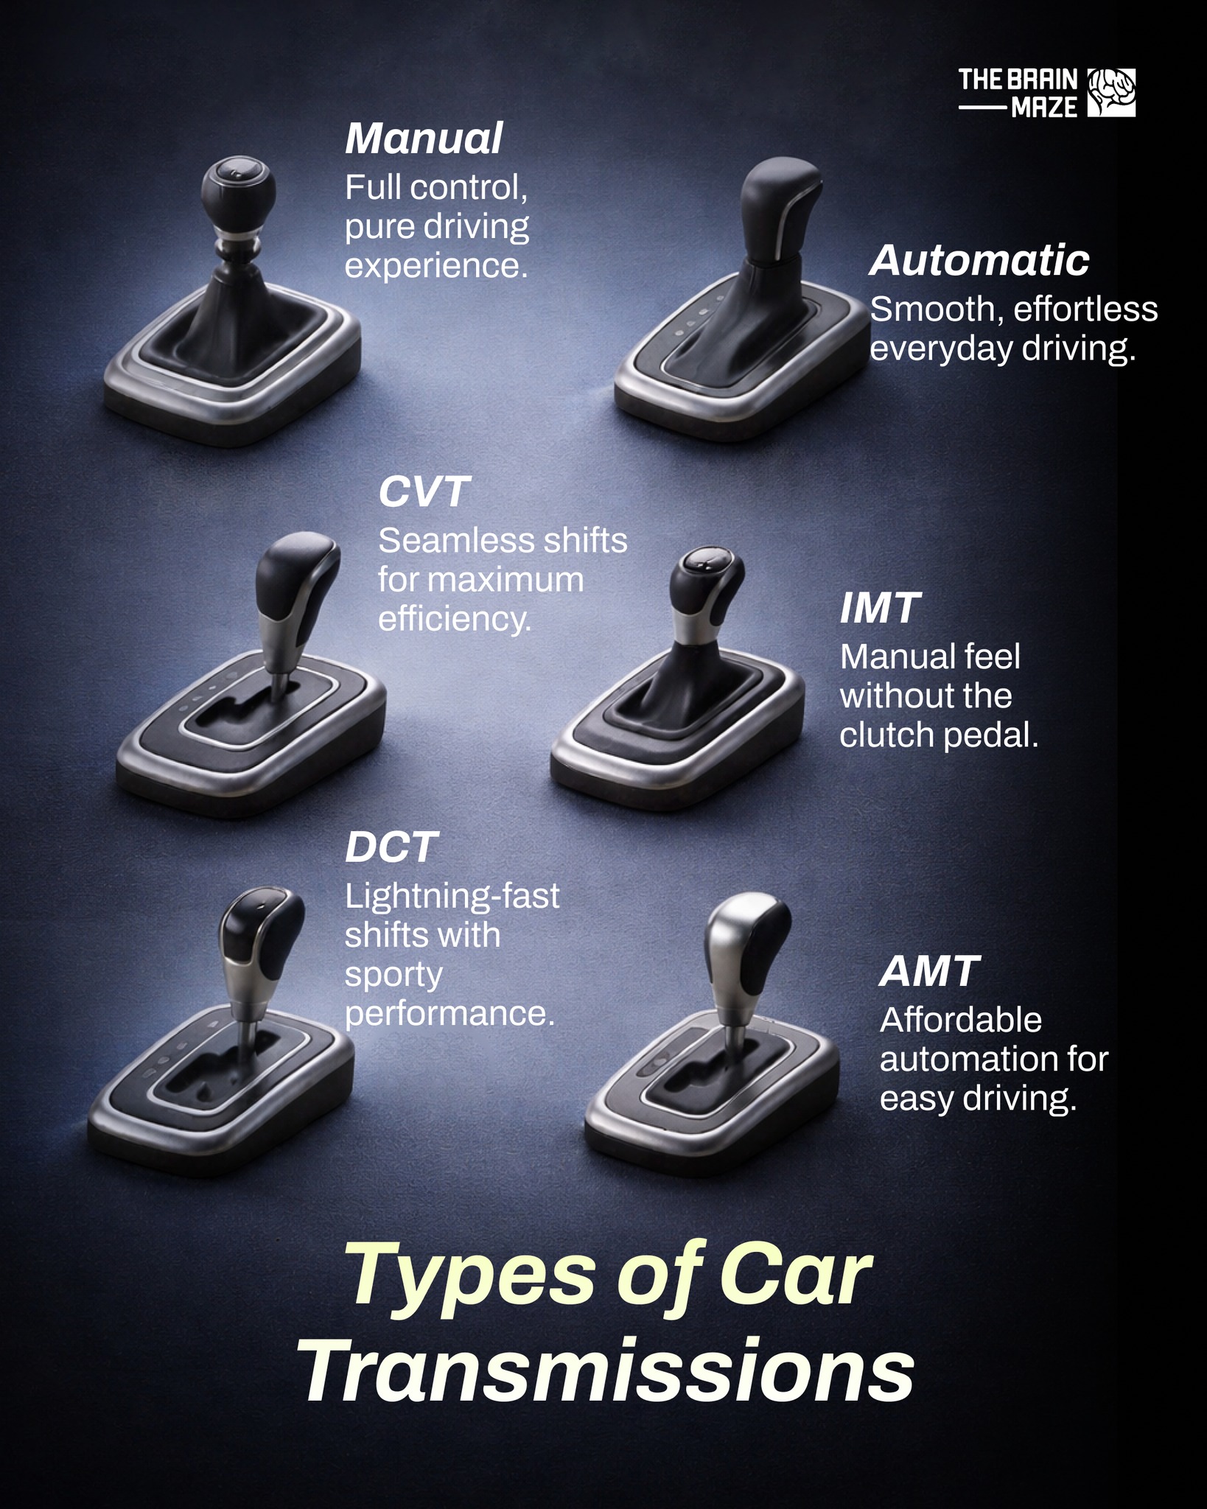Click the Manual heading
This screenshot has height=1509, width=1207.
point(424,139)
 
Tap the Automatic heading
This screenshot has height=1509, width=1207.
point(979,260)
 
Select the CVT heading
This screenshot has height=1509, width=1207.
point(424,491)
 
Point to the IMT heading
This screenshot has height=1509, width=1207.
point(880,608)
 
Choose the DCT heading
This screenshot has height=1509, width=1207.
point(391,847)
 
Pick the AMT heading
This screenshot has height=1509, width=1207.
point(930,971)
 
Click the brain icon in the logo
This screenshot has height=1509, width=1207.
point(1111,93)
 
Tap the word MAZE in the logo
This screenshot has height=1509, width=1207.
point(1044,108)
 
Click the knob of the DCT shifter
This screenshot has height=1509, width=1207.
point(262,935)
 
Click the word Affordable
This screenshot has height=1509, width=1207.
point(961,1020)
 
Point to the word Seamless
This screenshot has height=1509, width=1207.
point(446,542)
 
